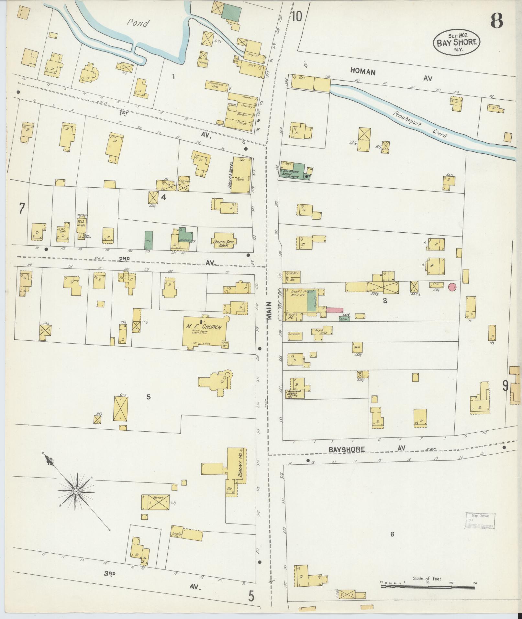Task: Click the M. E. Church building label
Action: [x=204, y=327]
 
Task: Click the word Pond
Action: [x=139, y=23]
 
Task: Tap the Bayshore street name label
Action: [x=347, y=449]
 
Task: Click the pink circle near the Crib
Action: [x=452, y=286]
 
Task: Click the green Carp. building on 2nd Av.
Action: [x=149, y=240]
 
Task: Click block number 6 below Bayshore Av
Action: [x=392, y=534]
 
